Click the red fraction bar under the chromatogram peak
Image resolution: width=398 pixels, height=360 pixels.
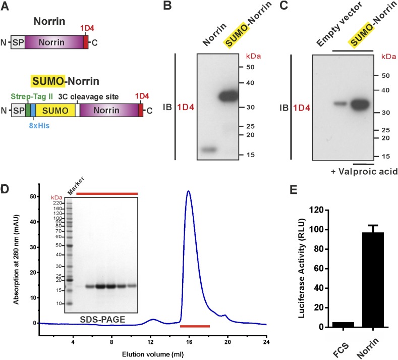(195, 327)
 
